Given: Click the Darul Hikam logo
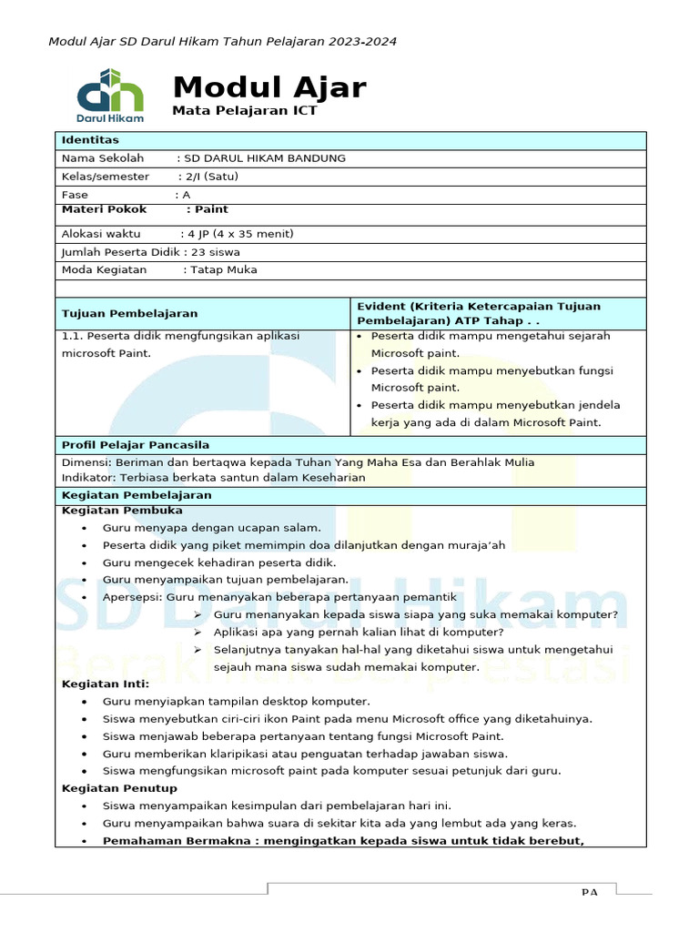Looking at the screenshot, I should pyautogui.click(x=110, y=94).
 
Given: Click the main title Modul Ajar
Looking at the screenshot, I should pyautogui.click(x=269, y=87).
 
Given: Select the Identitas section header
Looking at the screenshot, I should pyautogui.click(x=90, y=140).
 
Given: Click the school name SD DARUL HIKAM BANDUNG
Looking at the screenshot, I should pyautogui.click(x=265, y=158).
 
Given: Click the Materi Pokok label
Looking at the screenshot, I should pyautogui.click(x=104, y=209).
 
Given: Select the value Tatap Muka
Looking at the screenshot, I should pyautogui.click(x=223, y=270).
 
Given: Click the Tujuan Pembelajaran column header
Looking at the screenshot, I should pyautogui.click(x=129, y=314).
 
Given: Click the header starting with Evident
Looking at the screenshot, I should pyautogui.click(x=479, y=314).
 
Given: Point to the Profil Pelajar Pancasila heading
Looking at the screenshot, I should pyautogui.click(x=135, y=445).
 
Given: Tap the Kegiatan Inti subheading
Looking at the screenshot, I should pyautogui.click(x=106, y=684).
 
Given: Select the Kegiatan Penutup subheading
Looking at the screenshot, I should pyautogui.click(x=119, y=788).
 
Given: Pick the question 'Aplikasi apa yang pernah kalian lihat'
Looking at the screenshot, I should pyautogui.click(x=359, y=632).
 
